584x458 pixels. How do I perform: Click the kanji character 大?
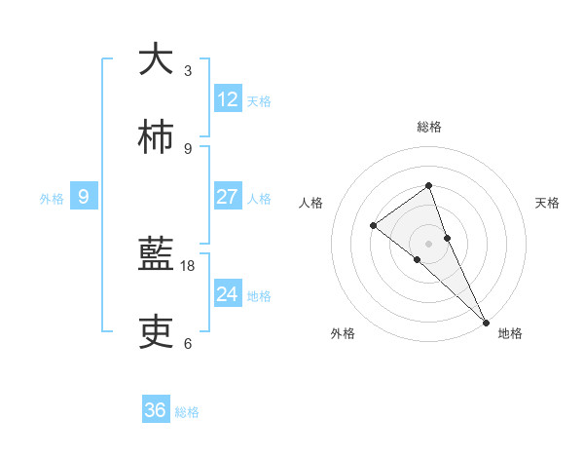point(156,59)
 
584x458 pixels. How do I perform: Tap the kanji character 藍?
point(156,255)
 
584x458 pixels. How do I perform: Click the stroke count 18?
point(188,265)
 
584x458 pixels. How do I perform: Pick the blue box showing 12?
point(227,98)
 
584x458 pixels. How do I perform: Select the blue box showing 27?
point(227,197)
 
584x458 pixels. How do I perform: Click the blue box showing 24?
point(227,294)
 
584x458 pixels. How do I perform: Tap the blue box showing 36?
point(156,410)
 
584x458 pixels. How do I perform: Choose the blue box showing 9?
point(84,197)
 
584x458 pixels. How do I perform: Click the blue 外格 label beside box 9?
point(52,199)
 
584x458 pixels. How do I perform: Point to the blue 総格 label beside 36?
point(187,412)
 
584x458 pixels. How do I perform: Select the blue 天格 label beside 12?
point(259,100)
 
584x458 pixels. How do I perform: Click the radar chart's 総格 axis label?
point(429,127)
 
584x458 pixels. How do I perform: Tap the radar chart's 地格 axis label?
point(510,333)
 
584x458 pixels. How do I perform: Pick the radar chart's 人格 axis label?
point(311,203)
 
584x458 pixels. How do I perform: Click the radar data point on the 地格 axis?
point(486,321)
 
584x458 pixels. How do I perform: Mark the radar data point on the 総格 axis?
point(428,185)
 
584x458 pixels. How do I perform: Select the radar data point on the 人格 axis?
point(374,226)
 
